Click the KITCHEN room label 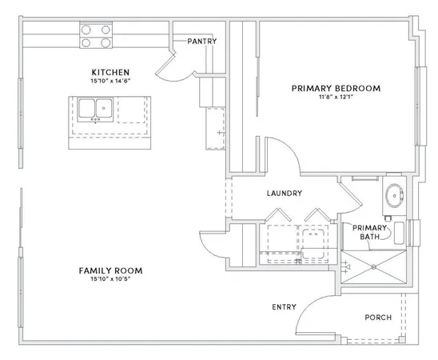110,72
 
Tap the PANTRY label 202,42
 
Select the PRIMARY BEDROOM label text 336,88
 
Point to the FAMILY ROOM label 110,270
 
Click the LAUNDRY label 285,193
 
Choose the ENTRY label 284,307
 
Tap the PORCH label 378,318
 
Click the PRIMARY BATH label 369,232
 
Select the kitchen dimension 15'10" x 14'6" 110,81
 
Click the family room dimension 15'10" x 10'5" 110,279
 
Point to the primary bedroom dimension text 336,97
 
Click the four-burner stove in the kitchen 96,35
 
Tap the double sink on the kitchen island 95,110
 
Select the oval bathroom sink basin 394,195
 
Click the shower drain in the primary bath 374,267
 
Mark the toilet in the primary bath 399,233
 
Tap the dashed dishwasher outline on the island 132,110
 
